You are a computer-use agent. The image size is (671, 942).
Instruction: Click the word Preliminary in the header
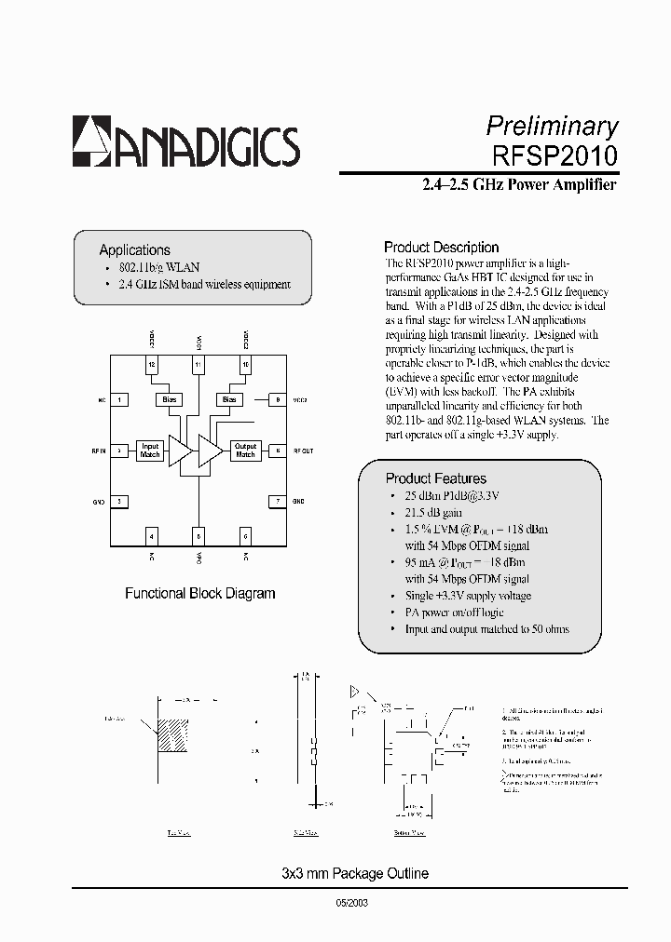click(552, 126)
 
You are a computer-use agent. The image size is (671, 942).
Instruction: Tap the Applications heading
click(134, 249)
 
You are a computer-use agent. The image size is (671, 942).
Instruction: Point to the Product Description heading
click(442, 247)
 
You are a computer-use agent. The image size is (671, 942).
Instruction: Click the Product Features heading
click(436, 478)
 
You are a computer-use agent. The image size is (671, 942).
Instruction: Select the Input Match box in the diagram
click(149, 451)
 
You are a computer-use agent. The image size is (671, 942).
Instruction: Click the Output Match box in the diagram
click(245, 451)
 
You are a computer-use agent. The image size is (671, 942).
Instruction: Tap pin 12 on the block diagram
click(151, 364)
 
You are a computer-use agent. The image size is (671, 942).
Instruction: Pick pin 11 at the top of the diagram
click(198, 364)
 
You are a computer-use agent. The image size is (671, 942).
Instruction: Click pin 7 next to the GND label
click(277, 501)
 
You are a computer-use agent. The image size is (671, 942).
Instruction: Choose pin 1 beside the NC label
click(119, 399)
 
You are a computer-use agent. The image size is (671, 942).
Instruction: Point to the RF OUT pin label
click(303, 451)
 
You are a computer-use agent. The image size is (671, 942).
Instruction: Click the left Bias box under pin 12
click(169, 399)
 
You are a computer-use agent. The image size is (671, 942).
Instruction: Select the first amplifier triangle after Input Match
click(180, 451)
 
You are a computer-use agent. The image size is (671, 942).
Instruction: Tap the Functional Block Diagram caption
click(199, 593)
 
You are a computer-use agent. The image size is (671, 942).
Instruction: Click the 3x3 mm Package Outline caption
click(354, 873)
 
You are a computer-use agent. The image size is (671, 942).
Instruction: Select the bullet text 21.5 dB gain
click(433, 512)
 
